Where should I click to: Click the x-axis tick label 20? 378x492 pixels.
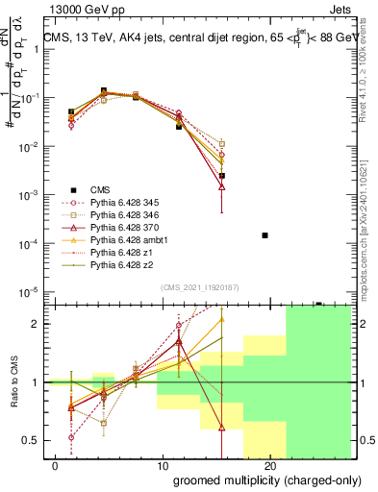pyautogui.click(x=270, y=465)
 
